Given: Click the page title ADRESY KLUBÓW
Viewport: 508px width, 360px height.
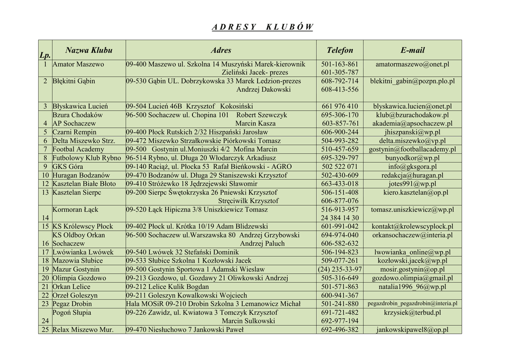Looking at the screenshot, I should click(262, 27).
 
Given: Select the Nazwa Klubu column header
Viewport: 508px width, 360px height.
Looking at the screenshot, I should click(89, 50).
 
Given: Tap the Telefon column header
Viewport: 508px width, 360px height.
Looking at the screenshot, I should click(340, 50).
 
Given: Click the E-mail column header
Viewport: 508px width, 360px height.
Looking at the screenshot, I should click(412, 50).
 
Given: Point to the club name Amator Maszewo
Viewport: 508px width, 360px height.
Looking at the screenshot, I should click(78, 65).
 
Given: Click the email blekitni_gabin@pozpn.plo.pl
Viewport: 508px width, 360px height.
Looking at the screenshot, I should click(412, 81).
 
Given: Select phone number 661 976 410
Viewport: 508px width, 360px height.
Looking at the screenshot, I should click(340, 106).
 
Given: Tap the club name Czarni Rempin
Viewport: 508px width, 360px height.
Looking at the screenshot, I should click(74, 132).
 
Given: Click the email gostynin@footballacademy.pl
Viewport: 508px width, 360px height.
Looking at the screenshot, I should click(412, 149).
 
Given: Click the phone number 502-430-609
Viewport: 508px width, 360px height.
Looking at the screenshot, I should click(340, 175).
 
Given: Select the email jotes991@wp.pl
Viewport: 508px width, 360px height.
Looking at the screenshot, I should click(412, 184).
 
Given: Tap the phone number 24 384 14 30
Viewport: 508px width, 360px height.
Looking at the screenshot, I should click(340, 218).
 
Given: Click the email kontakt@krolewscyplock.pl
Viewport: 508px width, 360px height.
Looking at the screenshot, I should click(412, 226).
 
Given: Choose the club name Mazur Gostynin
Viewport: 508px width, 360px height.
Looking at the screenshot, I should click(76, 269).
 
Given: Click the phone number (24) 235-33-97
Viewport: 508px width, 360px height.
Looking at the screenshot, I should click(340, 269).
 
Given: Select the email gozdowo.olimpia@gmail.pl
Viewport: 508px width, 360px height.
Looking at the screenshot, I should click(412, 278).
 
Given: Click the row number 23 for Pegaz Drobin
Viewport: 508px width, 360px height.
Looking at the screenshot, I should click(45, 303).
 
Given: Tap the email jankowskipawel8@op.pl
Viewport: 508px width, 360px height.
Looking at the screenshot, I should click(412, 329).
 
